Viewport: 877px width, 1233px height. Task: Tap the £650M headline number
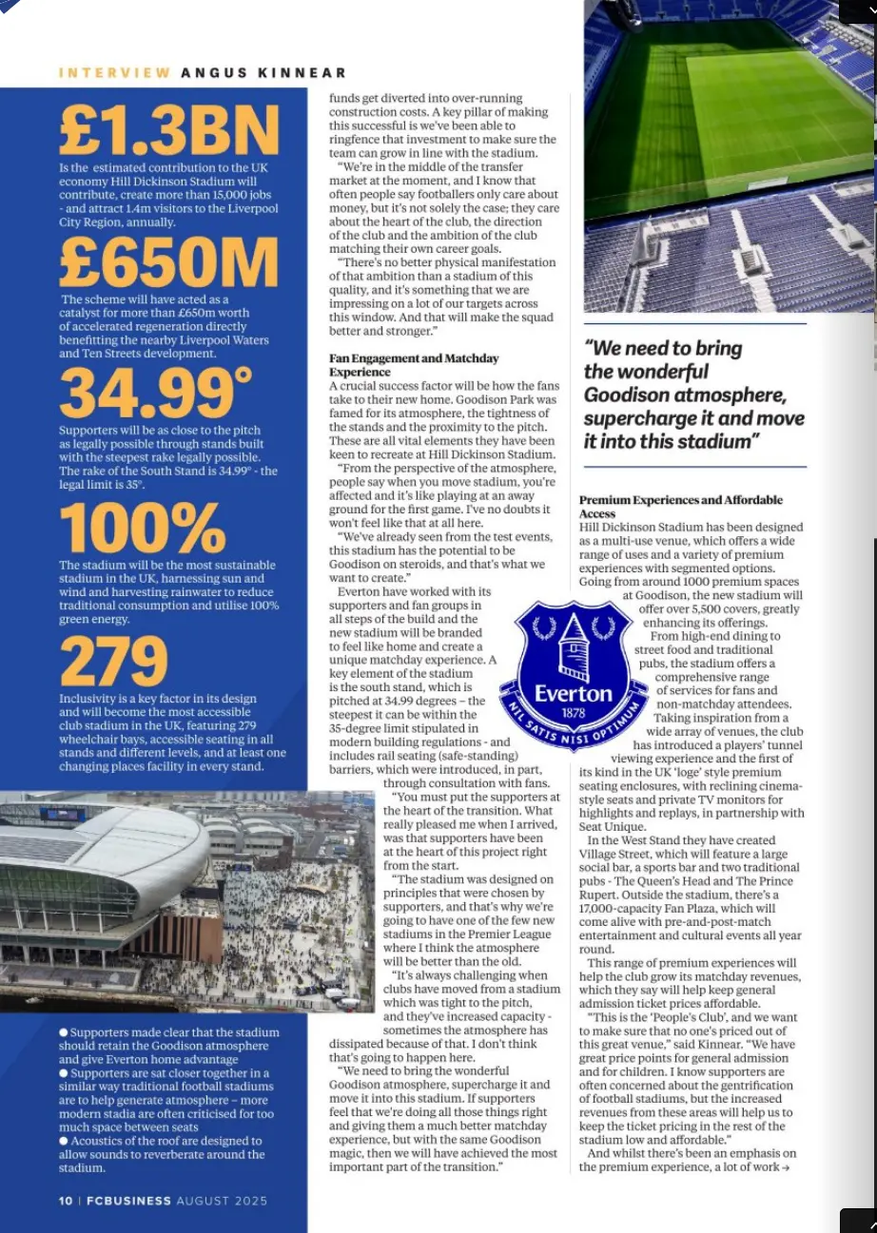pyautogui.click(x=168, y=261)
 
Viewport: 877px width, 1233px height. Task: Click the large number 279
pyautogui.click(x=113, y=662)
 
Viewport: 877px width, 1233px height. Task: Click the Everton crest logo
pyautogui.click(x=574, y=676)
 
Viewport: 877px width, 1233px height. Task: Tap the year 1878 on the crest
pyautogui.click(x=573, y=712)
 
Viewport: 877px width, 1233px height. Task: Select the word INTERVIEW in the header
pyautogui.click(x=115, y=73)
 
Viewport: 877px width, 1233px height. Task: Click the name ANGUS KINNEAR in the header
pyautogui.click(x=263, y=73)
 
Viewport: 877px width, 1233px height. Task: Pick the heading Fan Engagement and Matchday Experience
pyautogui.click(x=414, y=365)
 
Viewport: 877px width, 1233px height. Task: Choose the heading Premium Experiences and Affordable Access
pyautogui.click(x=680, y=506)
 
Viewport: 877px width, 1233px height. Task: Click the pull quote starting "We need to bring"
pyautogui.click(x=693, y=395)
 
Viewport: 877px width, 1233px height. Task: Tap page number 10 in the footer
pyautogui.click(x=66, y=1201)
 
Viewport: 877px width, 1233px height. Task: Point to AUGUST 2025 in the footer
pyautogui.click(x=222, y=1201)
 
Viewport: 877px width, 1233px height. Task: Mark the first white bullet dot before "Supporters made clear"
pyautogui.click(x=63, y=1032)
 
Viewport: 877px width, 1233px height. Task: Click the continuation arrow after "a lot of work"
pyautogui.click(x=785, y=1167)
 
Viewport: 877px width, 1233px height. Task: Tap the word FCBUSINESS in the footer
pyautogui.click(x=128, y=1201)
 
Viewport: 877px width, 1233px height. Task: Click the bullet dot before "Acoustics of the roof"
pyautogui.click(x=63, y=1141)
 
